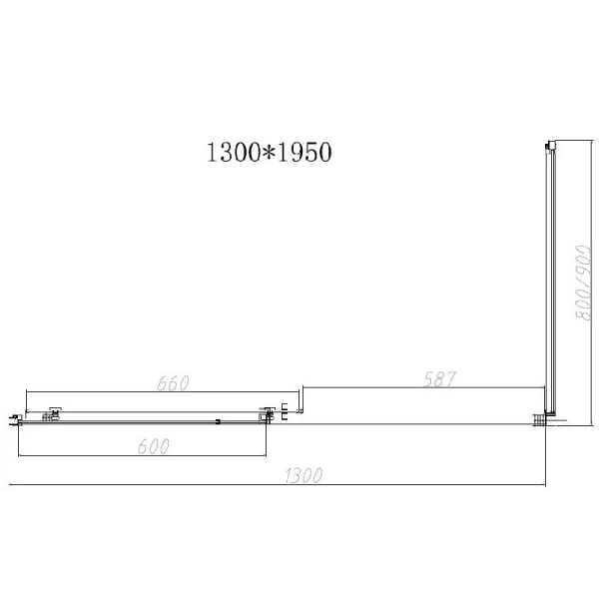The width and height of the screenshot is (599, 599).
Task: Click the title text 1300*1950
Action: (268, 152)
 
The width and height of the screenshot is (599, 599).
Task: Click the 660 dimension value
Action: (173, 382)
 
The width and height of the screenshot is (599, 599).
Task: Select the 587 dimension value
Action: (438, 379)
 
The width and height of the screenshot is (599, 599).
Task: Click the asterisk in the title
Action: (268, 153)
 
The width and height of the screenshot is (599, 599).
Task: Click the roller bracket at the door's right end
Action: (268, 412)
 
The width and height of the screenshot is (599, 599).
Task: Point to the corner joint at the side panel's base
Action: (544, 419)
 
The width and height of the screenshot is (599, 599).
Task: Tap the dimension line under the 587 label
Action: (423, 389)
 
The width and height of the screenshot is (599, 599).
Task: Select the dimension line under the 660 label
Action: (160, 392)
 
